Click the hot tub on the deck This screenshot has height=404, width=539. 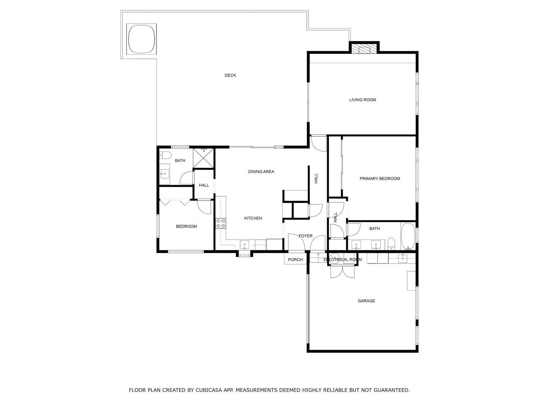[x=141, y=39]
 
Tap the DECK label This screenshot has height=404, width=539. [x=230, y=75]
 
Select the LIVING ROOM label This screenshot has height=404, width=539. [x=363, y=100]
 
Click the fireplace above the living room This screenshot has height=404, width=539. [x=364, y=48]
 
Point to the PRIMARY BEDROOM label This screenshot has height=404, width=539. [x=380, y=178]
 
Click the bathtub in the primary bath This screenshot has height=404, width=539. [x=408, y=236]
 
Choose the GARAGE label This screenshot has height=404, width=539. [x=366, y=301]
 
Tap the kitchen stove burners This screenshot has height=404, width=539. [x=221, y=223]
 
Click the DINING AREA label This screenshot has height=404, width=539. [x=261, y=172]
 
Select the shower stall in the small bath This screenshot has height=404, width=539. [x=203, y=158]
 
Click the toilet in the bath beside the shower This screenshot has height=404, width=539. [x=165, y=155]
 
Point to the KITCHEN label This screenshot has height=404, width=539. [x=253, y=218]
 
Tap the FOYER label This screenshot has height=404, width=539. [x=305, y=236]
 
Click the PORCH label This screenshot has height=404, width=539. [x=295, y=260]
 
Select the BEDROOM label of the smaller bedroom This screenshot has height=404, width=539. [x=186, y=226]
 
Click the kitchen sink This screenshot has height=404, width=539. [x=244, y=245]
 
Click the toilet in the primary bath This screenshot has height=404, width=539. [x=391, y=244]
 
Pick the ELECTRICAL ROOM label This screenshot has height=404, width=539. [x=342, y=260]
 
